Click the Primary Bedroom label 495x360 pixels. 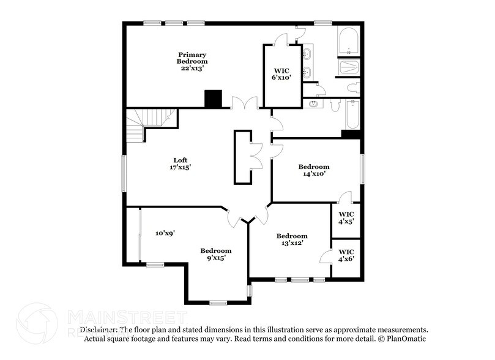tap(192, 61)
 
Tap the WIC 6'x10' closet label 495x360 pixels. tap(281, 73)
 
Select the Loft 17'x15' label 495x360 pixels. tap(176, 163)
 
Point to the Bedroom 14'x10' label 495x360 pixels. tap(313, 170)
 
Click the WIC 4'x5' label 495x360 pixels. tap(346, 218)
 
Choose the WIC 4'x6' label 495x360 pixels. tap(346, 255)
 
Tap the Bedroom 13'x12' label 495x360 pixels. tap(291, 239)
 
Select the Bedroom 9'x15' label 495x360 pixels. tap(216, 253)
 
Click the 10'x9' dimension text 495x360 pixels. tap(165, 233)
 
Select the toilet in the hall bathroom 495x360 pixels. tap(335, 106)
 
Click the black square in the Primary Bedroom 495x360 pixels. tap(213, 99)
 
